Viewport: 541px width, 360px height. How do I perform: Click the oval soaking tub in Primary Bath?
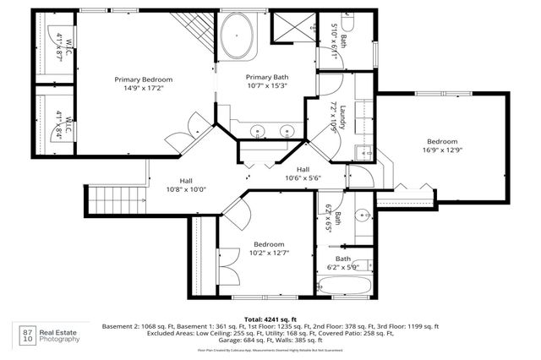pos(241,39)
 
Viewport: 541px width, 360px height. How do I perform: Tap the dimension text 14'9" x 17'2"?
pos(143,88)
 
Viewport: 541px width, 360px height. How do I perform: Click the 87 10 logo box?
pos(28,335)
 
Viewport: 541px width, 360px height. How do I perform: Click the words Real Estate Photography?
pos(62,335)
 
